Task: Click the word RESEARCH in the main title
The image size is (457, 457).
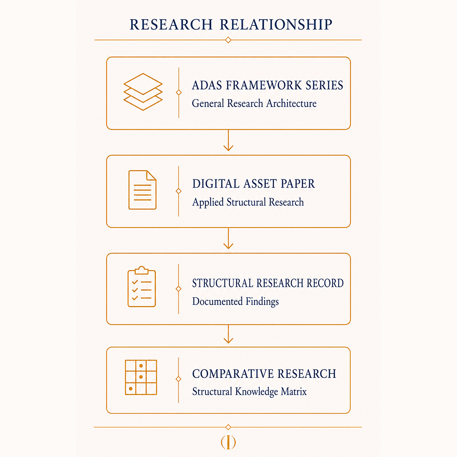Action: pos(171,25)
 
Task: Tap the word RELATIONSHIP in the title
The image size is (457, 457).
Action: pos(276,25)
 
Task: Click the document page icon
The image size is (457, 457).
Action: pos(142,190)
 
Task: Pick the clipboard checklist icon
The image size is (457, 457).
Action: pos(141,287)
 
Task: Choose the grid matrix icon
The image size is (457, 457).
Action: pos(141,378)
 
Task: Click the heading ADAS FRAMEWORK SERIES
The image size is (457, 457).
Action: pos(268,85)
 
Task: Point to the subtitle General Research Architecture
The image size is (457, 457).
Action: pos(254,104)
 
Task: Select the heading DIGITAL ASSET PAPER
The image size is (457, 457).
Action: pos(253,184)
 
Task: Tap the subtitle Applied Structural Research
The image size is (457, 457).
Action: pos(248,202)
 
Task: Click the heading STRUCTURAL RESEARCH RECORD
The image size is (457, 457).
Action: pos(268,283)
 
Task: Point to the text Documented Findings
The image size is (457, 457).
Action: pos(236,301)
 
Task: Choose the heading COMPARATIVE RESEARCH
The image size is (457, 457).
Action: pos(264,374)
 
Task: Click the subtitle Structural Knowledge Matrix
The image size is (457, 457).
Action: pos(249,391)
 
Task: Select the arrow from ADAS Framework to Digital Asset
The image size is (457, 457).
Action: pos(228,141)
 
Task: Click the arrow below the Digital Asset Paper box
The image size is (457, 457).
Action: pos(228,238)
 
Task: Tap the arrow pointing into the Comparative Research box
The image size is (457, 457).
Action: pos(228,334)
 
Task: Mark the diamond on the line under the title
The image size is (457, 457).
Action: pos(228,40)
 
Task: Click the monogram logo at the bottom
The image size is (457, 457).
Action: pos(228,442)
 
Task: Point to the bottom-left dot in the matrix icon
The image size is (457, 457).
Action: pos(131,389)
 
